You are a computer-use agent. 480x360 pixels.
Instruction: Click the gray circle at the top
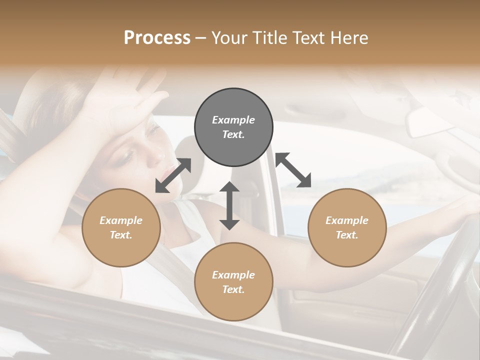pyautogui.click(x=233, y=127)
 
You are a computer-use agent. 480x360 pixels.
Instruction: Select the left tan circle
pyautogui.click(x=121, y=227)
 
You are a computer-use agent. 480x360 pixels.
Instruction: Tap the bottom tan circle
pyautogui.click(x=233, y=282)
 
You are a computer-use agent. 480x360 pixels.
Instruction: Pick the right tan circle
pyautogui.click(x=347, y=227)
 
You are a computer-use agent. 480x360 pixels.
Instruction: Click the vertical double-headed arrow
pyautogui.click(x=229, y=205)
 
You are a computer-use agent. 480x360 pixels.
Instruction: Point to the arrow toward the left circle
pyautogui.click(x=173, y=175)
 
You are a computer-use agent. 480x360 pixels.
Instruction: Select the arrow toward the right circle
pyautogui.click(x=293, y=170)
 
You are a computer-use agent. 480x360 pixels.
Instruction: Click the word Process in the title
pyautogui.click(x=157, y=37)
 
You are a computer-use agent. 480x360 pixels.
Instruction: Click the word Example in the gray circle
pyautogui.click(x=233, y=120)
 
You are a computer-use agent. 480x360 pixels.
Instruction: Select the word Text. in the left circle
pyautogui.click(x=121, y=235)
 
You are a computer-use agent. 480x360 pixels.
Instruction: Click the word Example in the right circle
pyautogui.click(x=347, y=220)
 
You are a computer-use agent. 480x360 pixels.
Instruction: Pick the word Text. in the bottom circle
pyautogui.click(x=233, y=289)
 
